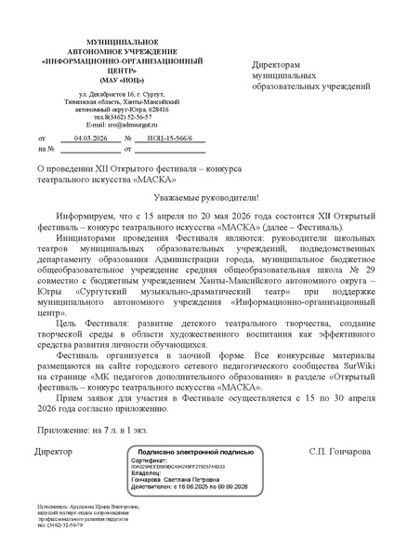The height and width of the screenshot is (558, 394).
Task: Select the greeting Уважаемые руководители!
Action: point(196,198)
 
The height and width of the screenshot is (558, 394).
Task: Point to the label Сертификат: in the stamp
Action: point(151,459)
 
